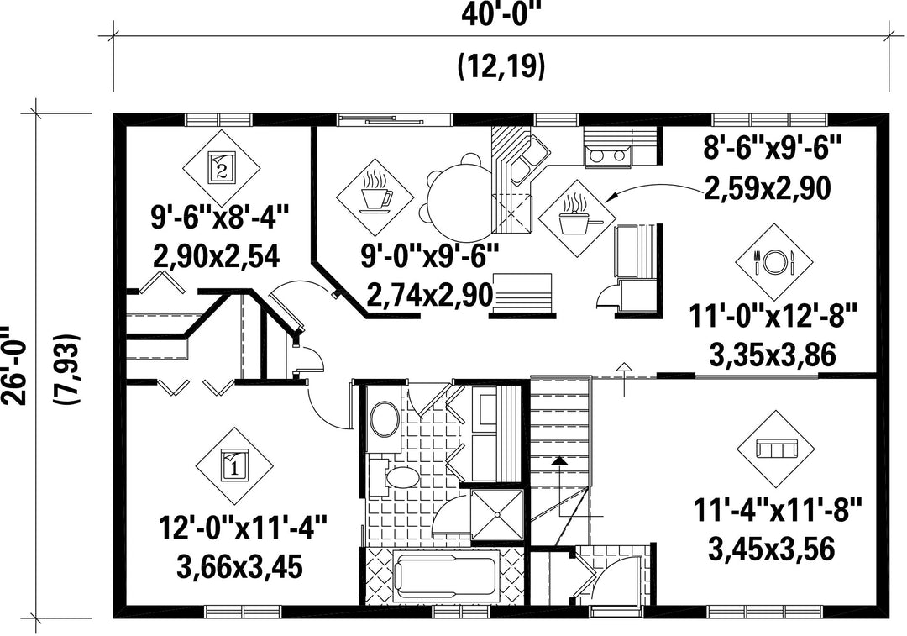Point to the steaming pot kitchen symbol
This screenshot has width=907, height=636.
coord(577,218)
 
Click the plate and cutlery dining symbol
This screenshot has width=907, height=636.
coord(774,262)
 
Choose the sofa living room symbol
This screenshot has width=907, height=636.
coord(776,449)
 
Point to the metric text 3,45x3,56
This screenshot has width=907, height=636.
coord(772,549)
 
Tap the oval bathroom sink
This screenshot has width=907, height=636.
coord(384,420)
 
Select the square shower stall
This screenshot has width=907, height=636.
coord(497,515)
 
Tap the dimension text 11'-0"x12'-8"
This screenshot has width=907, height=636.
coord(772,317)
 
